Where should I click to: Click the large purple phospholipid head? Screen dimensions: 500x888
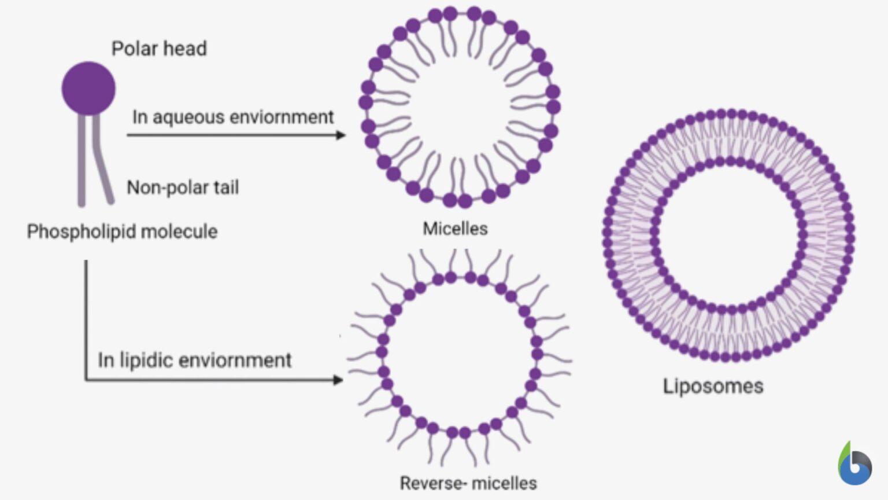(x=88, y=88)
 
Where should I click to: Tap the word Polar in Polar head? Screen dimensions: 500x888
(x=134, y=49)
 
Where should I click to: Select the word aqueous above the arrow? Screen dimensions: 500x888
(x=187, y=117)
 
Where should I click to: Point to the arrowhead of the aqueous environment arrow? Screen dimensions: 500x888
(x=341, y=135)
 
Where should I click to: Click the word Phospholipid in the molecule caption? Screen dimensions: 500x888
(x=82, y=231)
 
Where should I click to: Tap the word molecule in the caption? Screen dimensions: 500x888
(x=179, y=231)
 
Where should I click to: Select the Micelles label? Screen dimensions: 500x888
(x=455, y=229)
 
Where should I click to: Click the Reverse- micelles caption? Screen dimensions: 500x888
(x=468, y=483)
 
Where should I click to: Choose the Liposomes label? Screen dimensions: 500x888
(x=713, y=386)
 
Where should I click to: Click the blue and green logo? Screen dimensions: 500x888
(x=854, y=464)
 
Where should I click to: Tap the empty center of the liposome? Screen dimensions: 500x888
(x=728, y=235)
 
